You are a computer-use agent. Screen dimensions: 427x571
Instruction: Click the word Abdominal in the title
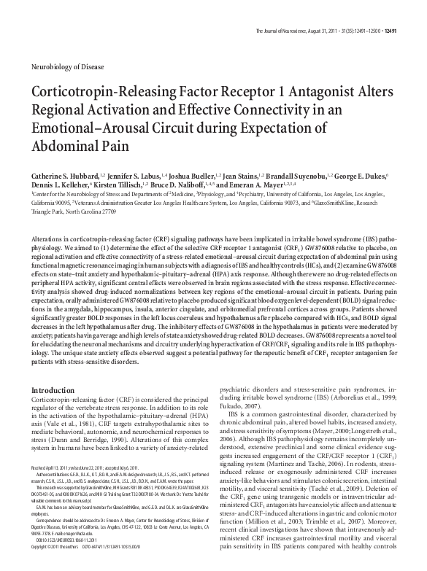point(65,144)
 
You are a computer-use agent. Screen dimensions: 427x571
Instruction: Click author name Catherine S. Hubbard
point(61,176)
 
